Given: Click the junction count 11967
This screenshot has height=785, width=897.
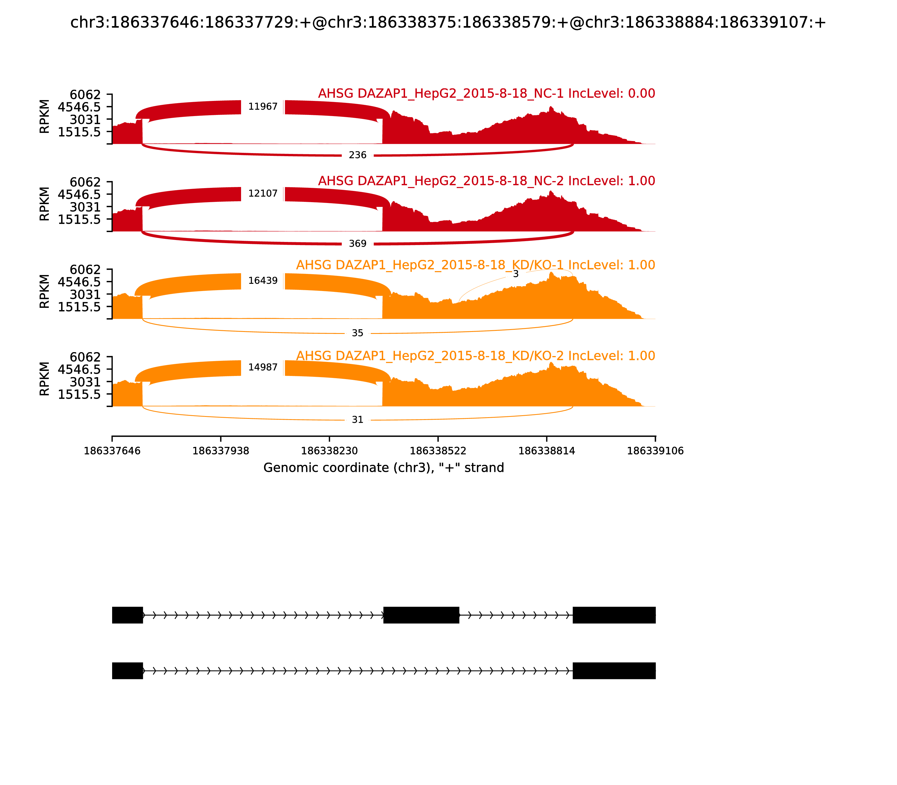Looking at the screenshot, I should [x=263, y=107].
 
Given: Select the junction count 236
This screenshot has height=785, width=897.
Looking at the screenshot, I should [x=357, y=155].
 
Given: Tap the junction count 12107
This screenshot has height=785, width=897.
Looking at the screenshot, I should [x=263, y=194].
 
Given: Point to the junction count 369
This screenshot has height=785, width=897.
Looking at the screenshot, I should [x=357, y=244].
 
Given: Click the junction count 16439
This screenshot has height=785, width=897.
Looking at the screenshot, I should [x=263, y=281].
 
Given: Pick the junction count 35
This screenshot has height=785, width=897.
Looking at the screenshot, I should [x=357, y=333].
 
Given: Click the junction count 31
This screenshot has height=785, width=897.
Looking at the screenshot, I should [x=357, y=420].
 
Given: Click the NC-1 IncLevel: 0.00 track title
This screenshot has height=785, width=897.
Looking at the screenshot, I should [x=486, y=93].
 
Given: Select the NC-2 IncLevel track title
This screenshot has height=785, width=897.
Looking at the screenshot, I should [x=486, y=181].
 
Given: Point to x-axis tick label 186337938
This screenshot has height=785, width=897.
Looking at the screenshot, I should [x=221, y=451].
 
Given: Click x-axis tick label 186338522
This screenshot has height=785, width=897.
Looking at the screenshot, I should [x=438, y=451].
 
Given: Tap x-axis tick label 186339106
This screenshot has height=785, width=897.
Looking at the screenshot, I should [x=655, y=451].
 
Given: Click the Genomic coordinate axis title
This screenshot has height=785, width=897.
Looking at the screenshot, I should [x=384, y=468].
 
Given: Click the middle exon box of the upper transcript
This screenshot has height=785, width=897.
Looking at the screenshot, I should [x=421, y=615].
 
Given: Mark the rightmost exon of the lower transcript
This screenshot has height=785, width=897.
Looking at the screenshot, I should [x=614, y=671].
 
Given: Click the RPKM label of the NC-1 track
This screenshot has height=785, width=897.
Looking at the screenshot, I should [x=44, y=117].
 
